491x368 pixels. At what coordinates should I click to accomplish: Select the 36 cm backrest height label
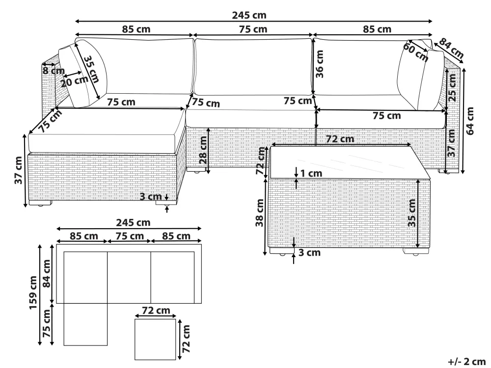320,66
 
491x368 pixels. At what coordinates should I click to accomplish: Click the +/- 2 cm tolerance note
465,362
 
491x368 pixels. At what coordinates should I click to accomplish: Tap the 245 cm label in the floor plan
129,222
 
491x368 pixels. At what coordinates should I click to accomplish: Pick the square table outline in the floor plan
155,339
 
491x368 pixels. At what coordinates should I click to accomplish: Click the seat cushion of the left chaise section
106,128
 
